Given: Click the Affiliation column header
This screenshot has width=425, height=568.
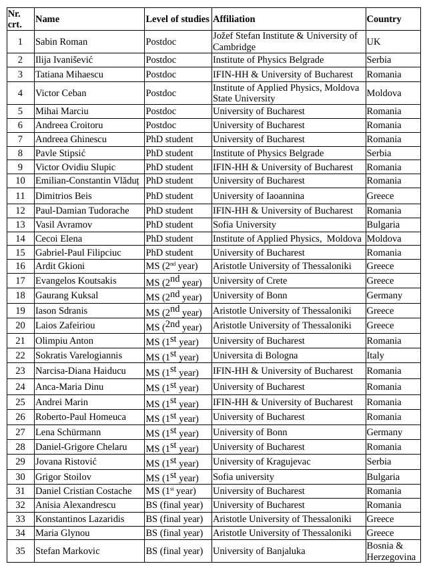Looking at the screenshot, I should [x=234, y=19].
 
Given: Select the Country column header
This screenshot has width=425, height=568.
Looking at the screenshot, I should [x=384, y=19].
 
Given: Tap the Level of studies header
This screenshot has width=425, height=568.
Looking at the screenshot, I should [x=177, y=19].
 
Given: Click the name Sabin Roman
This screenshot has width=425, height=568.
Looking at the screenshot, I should [x=61, y=41].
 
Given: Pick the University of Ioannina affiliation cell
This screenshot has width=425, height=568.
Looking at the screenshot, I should [x=258, y=196].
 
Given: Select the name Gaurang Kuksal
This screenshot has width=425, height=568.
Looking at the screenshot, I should [x=67, y=295].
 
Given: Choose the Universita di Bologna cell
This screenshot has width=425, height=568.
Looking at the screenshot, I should [x=255, y=355].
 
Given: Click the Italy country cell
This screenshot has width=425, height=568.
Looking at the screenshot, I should [x=376, y=355].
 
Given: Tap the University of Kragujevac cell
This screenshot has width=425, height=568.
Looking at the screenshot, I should [x=260, y=462].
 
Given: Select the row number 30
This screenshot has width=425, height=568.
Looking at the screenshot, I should [x=20, y=477].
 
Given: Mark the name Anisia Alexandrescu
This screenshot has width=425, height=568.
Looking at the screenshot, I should [x=75, y=505].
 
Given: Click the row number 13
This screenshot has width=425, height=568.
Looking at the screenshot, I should [x=20, y=224].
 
